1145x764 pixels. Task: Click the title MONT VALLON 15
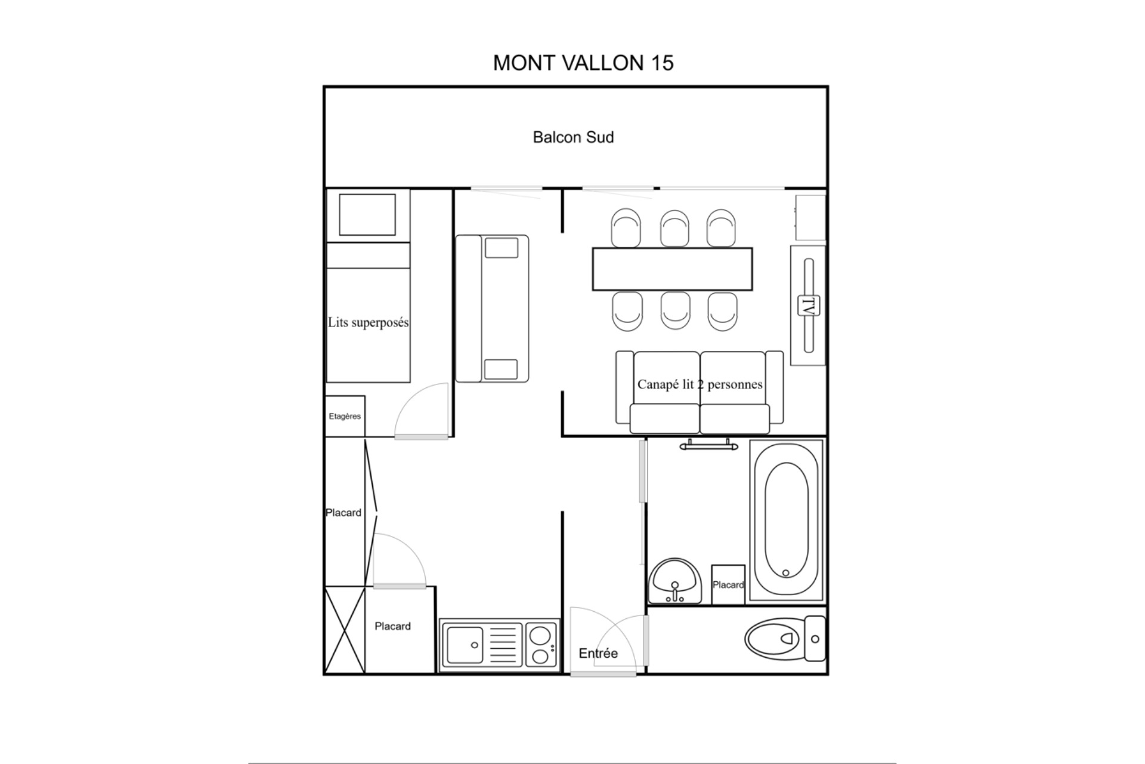click(583, 63)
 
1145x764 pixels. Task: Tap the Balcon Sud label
click(573, 137)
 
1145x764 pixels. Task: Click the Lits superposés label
click(368, 323)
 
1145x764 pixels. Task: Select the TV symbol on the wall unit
click(809, 306)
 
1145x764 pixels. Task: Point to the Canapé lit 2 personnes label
click(700, 384)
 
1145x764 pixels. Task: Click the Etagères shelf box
click(345, 416)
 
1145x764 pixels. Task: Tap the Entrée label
click(598, 654)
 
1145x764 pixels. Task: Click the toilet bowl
click(774, 638)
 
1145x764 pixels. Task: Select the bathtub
click(786, 520)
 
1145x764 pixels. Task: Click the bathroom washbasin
click(675, 581)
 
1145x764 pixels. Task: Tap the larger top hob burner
click(541, 634)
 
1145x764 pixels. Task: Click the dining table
click(672, 269)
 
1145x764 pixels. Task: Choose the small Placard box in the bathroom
click(728, 584)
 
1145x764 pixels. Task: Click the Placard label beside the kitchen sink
click(392, 626)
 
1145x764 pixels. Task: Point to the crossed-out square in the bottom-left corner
click(345, 630)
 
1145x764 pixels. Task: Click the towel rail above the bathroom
click(708, 445)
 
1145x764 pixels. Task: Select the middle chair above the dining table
click(674, 228)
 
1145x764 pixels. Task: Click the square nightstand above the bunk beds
click(367, 214)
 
